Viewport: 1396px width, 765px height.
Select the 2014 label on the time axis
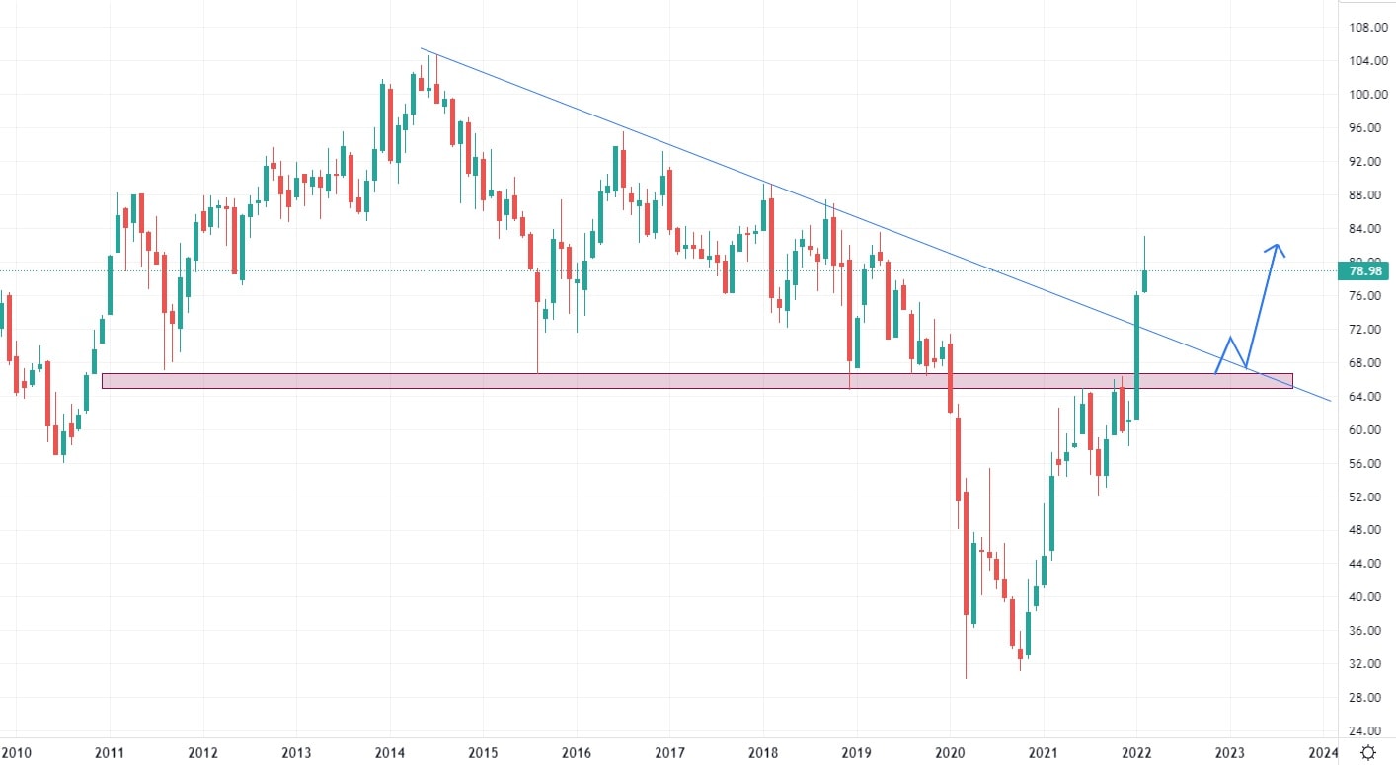coord(389,753)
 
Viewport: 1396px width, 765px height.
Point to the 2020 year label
coord(950,753)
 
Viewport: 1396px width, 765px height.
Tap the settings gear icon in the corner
coord(1367,753)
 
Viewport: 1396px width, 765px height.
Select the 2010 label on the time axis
coord(16,753)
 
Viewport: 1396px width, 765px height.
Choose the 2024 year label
coord(1323,753)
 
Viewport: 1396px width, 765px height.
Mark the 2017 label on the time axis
coord(669,753)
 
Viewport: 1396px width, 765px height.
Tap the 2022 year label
coord(1136,753)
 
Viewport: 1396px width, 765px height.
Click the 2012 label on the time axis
coord(202,753)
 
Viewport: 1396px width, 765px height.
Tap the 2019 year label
coord(856,753)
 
